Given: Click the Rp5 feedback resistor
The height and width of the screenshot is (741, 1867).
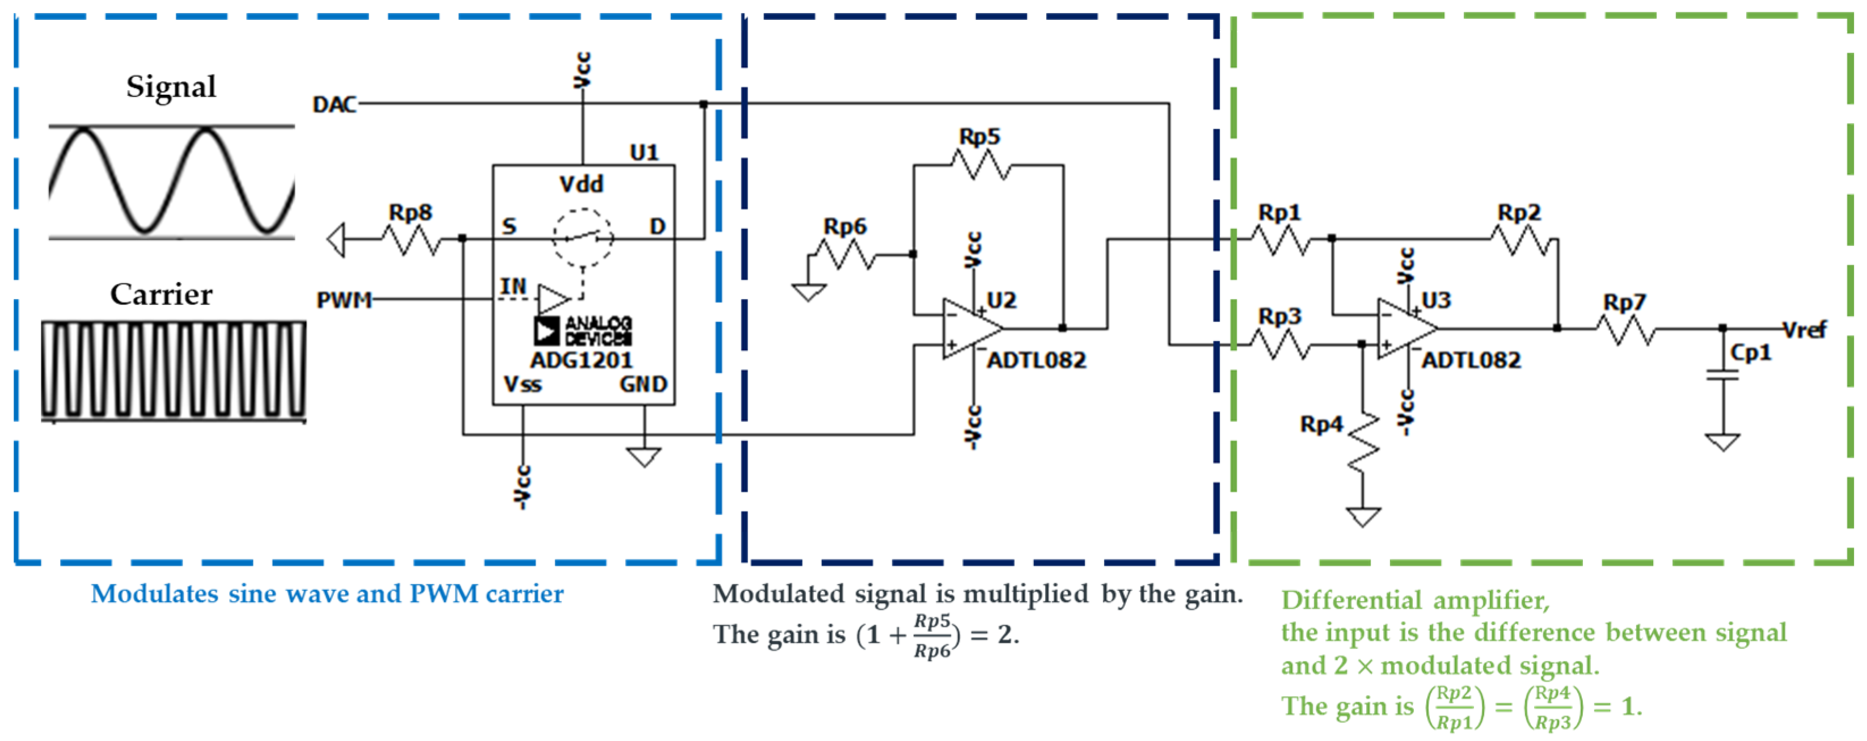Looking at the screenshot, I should tap(980, 165).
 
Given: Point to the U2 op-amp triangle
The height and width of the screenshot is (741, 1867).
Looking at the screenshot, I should tap(970, 329).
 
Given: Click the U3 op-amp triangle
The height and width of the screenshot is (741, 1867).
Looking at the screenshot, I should tap(1405, 329).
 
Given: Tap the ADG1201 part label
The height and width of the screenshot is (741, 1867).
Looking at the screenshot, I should tap(581, 360).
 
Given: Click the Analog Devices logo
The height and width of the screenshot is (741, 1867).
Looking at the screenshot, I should tap(582, 331).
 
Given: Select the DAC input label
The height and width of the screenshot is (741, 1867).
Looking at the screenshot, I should tap(334, 105).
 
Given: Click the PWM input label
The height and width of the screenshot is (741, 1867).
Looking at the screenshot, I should tap(344, 300).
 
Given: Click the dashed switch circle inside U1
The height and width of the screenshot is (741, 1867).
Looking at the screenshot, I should tap(582, 237).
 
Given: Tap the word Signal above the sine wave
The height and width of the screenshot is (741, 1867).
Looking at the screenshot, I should tap(171, 86).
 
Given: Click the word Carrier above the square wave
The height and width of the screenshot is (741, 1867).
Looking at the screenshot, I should tap(161, 294).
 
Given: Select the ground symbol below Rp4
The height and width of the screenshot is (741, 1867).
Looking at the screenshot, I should tap(1363, 516).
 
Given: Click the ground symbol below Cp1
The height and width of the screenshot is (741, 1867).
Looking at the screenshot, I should tap(1723, 441).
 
